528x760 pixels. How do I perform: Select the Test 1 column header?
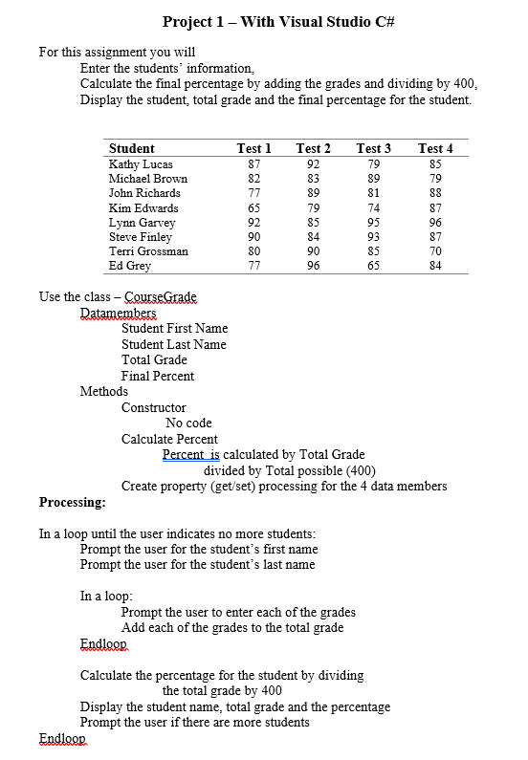coord(253,148)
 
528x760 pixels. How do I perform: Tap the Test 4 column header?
coord(435,148)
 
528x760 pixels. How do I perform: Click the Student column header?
coord(131,148)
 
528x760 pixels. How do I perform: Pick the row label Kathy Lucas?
coord(141,163)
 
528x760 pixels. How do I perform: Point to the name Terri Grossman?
coord(148,251)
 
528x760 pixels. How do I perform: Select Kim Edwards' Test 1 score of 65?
coord(253,207)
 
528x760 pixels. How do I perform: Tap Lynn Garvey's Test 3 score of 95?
coord(374,222)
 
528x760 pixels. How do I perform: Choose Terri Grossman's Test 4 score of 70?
coord(435,251)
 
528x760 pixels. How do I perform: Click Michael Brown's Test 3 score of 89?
coord(374,178)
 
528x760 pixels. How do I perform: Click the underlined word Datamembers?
coord(119,313)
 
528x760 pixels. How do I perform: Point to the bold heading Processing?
coord(73,502)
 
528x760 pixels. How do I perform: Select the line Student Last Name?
coord(174,344)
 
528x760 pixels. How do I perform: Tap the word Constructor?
coord(154,407)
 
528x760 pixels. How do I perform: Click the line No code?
coord(188,423)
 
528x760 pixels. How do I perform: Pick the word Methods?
coord(104,391)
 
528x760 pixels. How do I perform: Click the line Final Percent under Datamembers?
coord(158,376)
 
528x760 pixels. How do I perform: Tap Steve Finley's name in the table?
coord(141,236)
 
